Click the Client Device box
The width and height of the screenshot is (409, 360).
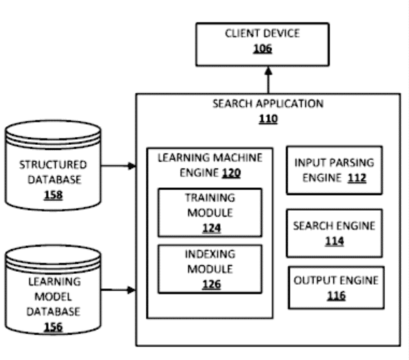coord(262,44)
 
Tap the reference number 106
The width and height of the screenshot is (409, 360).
coord(262,49)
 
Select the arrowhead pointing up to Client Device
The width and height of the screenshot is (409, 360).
coord(269,71)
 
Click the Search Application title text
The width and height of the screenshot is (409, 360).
coord(268,104)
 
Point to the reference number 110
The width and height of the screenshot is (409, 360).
coord(268,119)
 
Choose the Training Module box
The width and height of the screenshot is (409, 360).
coord(210,212)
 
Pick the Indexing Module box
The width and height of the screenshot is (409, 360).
coord(210,269)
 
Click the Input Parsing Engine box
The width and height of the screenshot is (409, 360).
coord(335,170)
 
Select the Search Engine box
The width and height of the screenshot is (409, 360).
coord(335,233)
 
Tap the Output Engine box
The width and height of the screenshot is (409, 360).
coord(336,288)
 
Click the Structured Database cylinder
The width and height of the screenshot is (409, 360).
coord(53,165)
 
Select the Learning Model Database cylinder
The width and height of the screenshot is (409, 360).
coord(53,290)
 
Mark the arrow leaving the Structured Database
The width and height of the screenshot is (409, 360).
coord(118,166)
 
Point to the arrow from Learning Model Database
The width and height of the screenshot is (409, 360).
coord(118,290)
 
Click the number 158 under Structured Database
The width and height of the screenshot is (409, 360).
coord(53,195)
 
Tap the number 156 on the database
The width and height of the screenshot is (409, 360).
coord(53,327)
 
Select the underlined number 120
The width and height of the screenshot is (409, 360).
coord(231,173)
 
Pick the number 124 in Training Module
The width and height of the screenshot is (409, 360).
coord(211,228)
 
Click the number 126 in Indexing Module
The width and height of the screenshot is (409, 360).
coord(211,284)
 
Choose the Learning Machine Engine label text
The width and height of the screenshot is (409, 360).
coord(210,165)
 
